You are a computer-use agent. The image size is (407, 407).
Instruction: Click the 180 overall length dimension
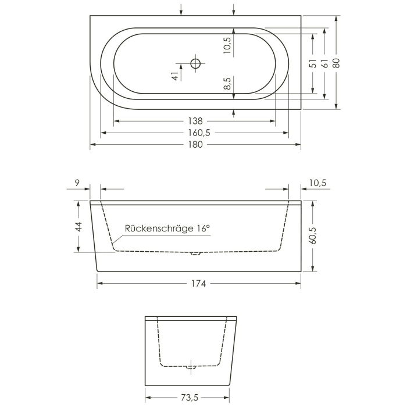[195, 144]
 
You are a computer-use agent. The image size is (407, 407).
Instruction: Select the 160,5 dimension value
[195, 133]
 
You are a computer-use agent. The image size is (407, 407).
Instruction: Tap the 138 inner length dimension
[195, 121]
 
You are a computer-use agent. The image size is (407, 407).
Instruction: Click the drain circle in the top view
[195, 63]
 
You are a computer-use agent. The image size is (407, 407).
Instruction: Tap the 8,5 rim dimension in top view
[227, 84]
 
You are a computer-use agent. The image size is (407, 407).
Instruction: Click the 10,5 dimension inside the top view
[227, 45]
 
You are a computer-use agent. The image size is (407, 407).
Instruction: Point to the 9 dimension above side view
[77, 183]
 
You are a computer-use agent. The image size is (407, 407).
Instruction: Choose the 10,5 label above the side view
[316, 183]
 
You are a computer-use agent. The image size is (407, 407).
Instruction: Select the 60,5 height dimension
[313, 237]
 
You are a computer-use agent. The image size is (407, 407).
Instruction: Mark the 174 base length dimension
[198, 283]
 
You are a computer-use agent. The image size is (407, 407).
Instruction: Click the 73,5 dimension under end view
[189, 397]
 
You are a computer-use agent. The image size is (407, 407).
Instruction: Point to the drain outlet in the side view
[195, 254]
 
